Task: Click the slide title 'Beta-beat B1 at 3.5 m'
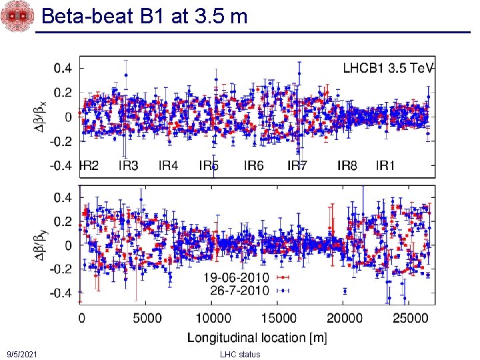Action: point(144,16)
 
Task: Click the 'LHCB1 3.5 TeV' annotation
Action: point(389,68)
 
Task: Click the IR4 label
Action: point(168,165)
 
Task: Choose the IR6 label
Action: point(254,165)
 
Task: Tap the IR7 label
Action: point(297,165)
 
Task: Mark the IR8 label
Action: point(347,165)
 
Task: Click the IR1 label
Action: point(385,165)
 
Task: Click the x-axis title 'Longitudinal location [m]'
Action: point(257,337)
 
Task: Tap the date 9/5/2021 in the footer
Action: point(21,354)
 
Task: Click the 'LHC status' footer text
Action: point(240,354)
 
